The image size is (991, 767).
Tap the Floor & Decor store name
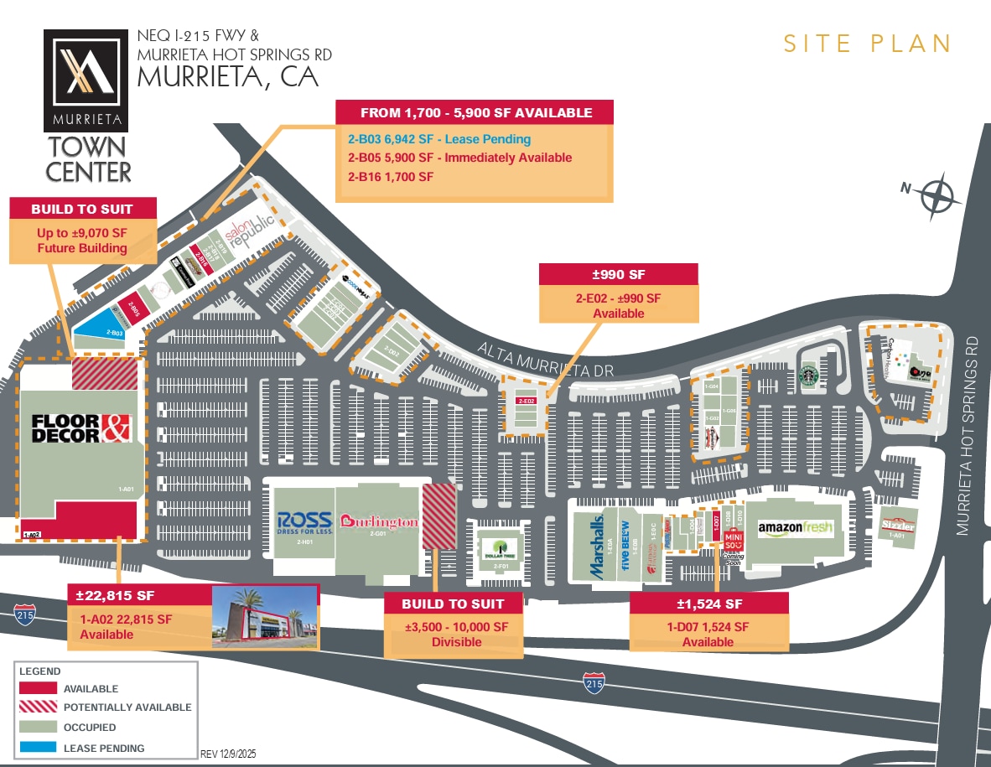pos(82,428)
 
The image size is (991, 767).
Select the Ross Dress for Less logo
pos(304,523)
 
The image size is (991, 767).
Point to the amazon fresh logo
pos(795,527)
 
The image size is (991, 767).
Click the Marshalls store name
pos(597,545)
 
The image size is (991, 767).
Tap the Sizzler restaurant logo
pos(897,525)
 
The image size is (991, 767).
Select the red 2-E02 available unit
pos(526,402)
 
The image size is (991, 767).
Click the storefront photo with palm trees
pos(264,618)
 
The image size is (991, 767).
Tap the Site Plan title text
pos(867,44)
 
